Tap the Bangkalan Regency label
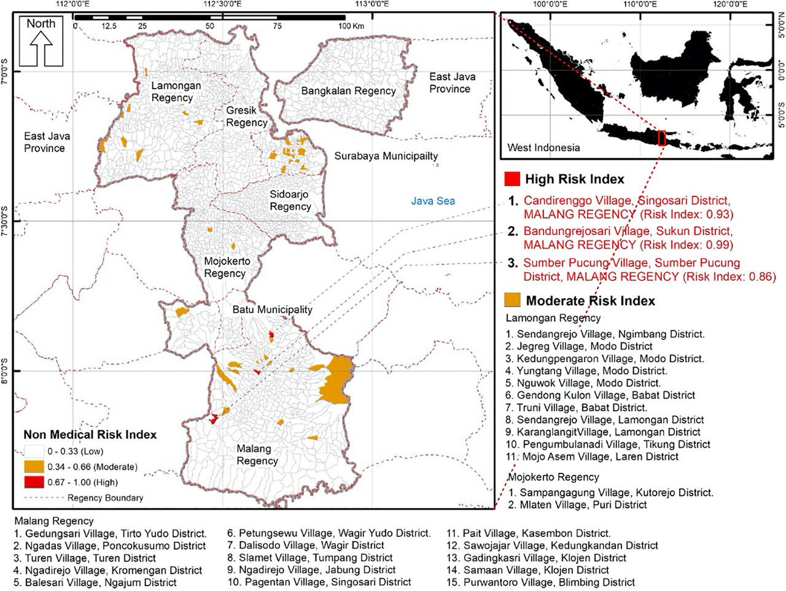pyautogui.click(x=348, y=91)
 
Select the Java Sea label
pyautogui.click(x=433, y=201)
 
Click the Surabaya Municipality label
pyautogui.click(x=386, y=156)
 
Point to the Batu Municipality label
pyautogui.click(x=272, y=310)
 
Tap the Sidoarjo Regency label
pyautogui.click(x=290, y=200)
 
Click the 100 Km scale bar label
pyautogui.click(x=351, y=26)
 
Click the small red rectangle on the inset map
pyautogui.click(x=662, y=138)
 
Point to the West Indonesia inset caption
pyautogui.click(x=543, y=147)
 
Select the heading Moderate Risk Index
pyautogui.click(x=590, y=301)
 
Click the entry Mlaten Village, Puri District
pyautogui.click(x=578, y=505)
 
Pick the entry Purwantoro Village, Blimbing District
pyautogui.click(x=540, y=582)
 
